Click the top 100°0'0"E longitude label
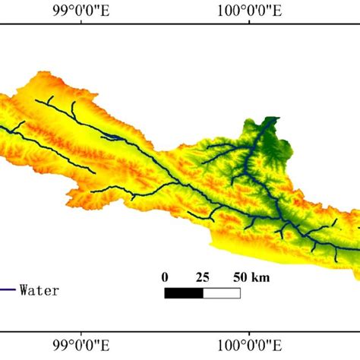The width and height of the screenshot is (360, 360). pyautogui.click(x=251, y=11)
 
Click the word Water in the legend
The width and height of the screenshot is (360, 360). pyautogui.click(x=39, y=289)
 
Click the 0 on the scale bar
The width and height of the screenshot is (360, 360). pyautogui.click(x=165, y=276)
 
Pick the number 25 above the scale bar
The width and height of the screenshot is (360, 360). pyautogui.click(x=202, y=276)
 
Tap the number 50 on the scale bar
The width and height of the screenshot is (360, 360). pyautogui.click(x=239, y=276)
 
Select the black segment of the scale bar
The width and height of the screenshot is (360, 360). pyautogui.click(x=183, y=292)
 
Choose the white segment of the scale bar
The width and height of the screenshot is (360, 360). pyautogui.click(x=221, y=292)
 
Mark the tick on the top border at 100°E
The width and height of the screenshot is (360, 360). pyautogui.click(x=251, y=25)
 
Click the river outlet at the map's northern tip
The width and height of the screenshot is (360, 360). pyautogui.click(x=267, y=119)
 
